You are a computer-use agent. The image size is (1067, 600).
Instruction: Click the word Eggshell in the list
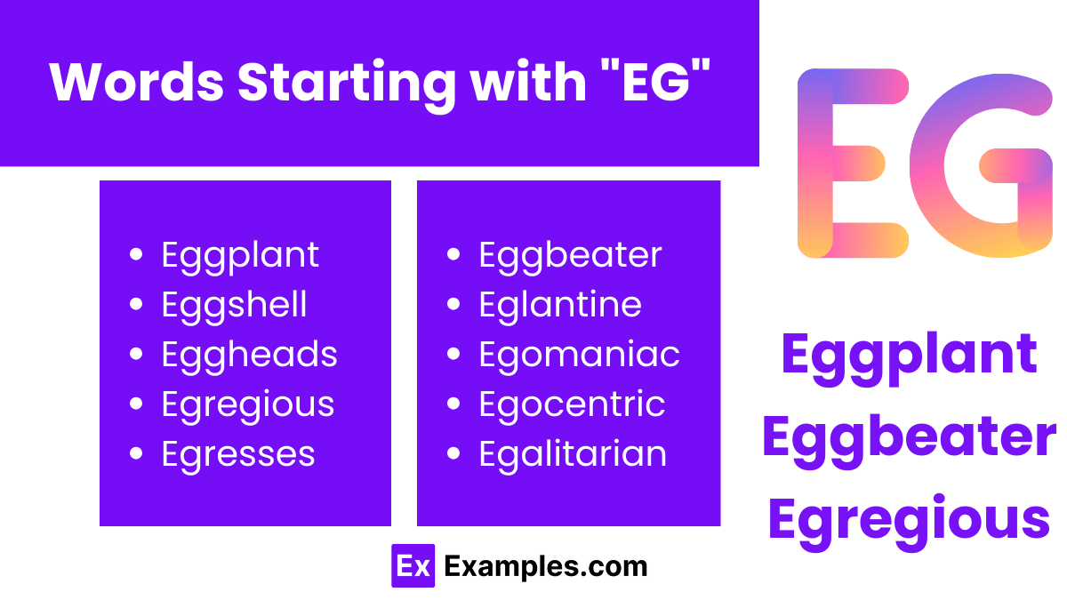tap(235, 306)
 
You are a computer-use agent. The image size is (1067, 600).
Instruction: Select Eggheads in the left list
tap(249, 356)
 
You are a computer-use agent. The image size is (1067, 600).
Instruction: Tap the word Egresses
tap(238, 454)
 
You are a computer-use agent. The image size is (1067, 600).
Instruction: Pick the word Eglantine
tap(560, 306)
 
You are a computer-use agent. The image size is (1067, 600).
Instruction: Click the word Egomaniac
tap(579, 356)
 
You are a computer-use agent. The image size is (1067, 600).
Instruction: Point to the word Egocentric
tap(572, 404)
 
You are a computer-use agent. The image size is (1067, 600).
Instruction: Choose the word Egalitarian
tap(573, 454)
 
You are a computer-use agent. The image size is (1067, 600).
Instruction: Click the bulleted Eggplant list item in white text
tap(240, 256)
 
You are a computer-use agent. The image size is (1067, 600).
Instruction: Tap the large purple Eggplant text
tap(909, 355)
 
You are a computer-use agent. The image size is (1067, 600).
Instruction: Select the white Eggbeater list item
tap(570, 256)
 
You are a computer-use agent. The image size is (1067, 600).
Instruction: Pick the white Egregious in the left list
tap(248, 404)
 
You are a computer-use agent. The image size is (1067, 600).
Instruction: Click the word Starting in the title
tap(347, 82)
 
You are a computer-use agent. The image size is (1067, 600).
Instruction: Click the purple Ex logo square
tap(413, 566)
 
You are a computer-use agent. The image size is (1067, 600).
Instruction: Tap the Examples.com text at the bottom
tap(545, 566)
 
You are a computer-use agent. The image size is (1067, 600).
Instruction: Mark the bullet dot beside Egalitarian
tap(454, 454)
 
